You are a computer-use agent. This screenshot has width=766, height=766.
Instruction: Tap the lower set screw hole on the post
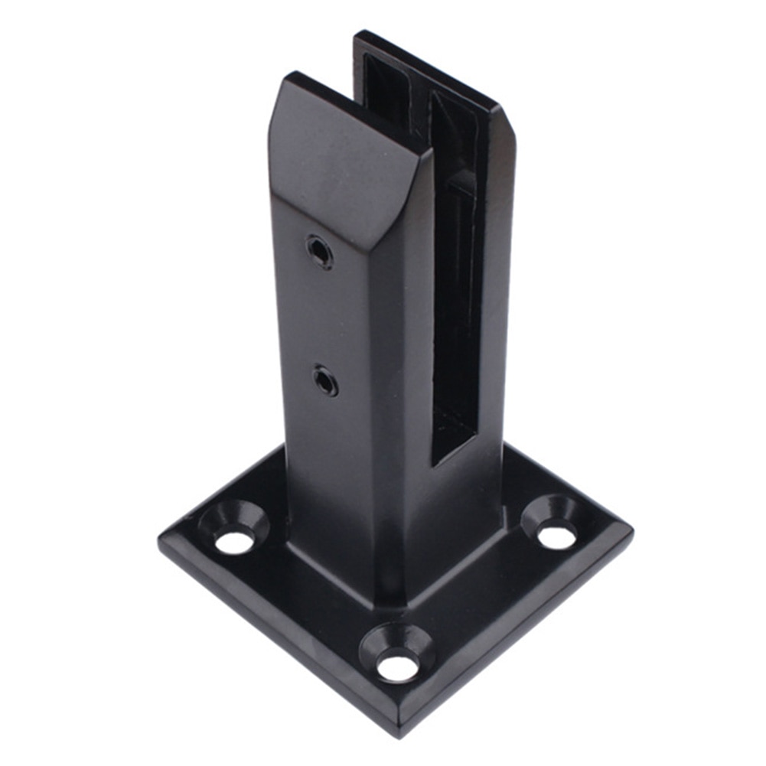325,380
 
